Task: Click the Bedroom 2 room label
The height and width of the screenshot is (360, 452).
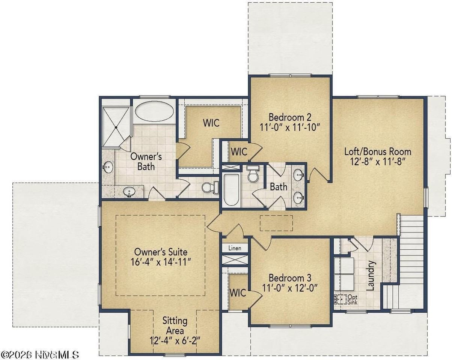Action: point(290,116)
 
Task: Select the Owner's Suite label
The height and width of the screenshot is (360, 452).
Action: point(161,252)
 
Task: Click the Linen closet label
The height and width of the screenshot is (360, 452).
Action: point(235,248)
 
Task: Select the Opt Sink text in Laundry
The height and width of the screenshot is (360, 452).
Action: point(353,300)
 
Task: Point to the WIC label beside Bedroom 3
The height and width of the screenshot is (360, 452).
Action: point(238,292)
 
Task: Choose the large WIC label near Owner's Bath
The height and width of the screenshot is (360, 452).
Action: point(211,123)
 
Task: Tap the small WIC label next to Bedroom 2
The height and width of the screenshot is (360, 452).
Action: point(239,152)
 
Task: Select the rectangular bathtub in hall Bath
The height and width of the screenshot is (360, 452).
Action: point(231,189)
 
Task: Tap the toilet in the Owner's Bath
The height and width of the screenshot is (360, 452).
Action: point(209,186)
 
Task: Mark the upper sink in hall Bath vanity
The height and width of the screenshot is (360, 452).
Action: point(299,174)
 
